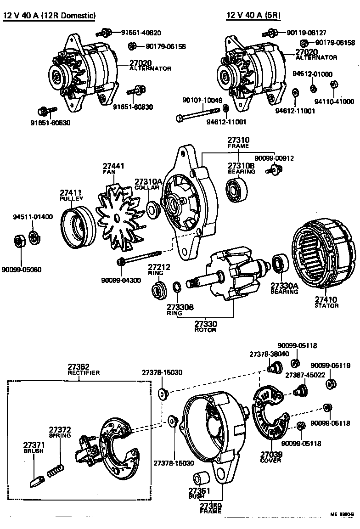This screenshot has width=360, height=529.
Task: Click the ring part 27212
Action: [x=159, y=290]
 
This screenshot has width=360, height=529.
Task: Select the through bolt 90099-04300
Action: [x=140, y=258]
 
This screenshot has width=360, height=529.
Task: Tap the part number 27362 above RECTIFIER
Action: [x=79, y=366]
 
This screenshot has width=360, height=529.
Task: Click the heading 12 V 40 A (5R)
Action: [x=253, y=16]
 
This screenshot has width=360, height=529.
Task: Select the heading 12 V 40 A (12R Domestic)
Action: [x=50, y=16]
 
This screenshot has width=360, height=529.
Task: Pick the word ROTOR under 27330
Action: [x=205, y=330]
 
